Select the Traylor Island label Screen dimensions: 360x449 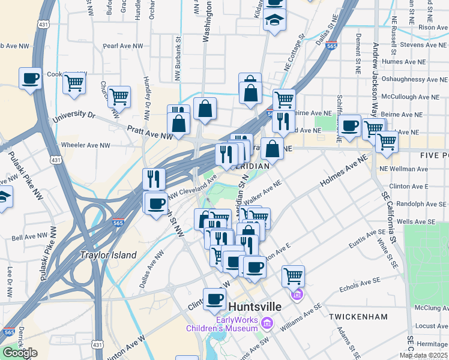(x=109, y=255)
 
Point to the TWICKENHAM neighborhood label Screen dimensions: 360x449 (x=358, y=316)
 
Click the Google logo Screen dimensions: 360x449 (x=20, y=353)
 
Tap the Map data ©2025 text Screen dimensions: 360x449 (x=423, y=355)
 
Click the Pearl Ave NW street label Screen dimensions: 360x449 (x=123, y=46)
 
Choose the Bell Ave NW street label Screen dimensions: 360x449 (x=26, y=238)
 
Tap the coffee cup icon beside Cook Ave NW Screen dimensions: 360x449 (x=30, y=78)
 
